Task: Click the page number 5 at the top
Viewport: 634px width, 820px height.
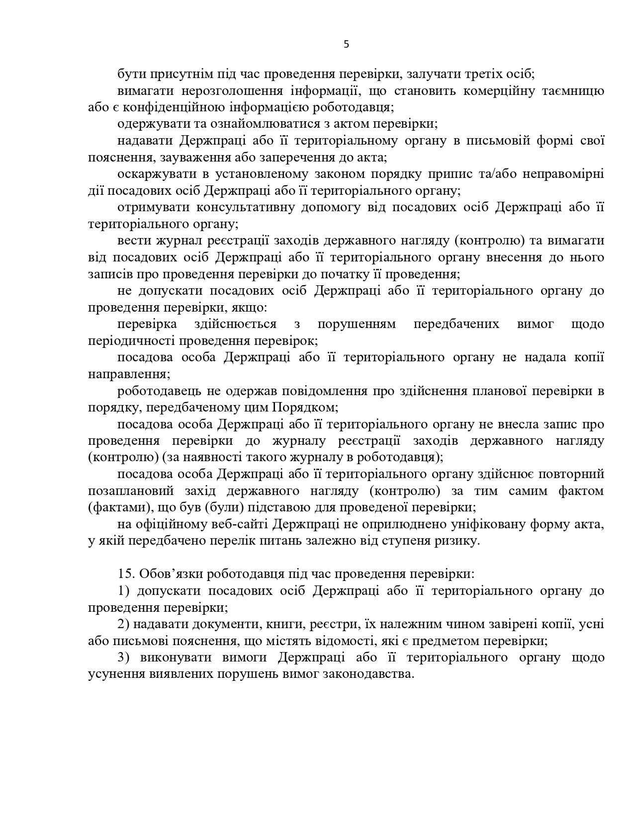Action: pyautogui.click(x=346, y=44)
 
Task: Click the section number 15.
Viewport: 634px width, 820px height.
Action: pyautogui.click(x=127, y=574)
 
